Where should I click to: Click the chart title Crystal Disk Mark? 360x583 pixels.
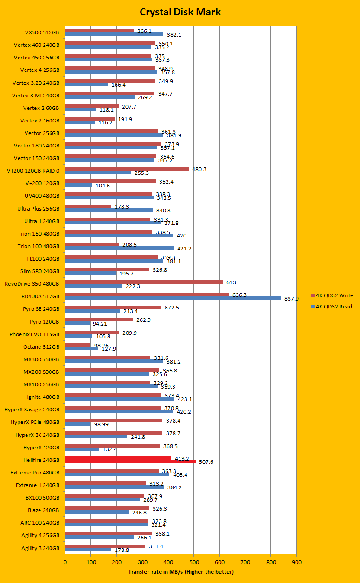pyautogui.click(x=180, y=12)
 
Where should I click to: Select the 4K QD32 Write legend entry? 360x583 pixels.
pyautogui.click(x=333, y=295)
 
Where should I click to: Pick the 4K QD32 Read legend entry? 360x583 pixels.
pyautogui.click(x=332, y=306)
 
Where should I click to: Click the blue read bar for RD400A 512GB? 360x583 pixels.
pyautogui.click(x=173, y=298)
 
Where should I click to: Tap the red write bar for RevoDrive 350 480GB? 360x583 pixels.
pyautogui.click(x=144, y=282)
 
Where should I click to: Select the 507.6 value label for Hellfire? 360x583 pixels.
pyautogui.click(x=206, y=462)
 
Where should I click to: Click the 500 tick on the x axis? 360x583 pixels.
pyautogui.click(x=193, y=562)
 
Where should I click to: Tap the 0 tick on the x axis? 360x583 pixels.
pyautogui.click(x=65, y=562)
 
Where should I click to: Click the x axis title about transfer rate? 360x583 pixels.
pyautogui.click(x=181, y=572)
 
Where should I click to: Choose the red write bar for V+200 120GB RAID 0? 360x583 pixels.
pyautogui.click(x=127, y=169)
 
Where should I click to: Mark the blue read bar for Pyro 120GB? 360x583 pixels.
pyautogui.click(x=77, y=323)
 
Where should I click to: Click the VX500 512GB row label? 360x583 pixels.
pyautogui.click(x=42, y=33)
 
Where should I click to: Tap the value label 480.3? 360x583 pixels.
pyautogui.click(x=199, y=169)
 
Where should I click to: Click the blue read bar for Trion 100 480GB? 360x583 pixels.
pyautogui.click(x=119, y=248)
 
